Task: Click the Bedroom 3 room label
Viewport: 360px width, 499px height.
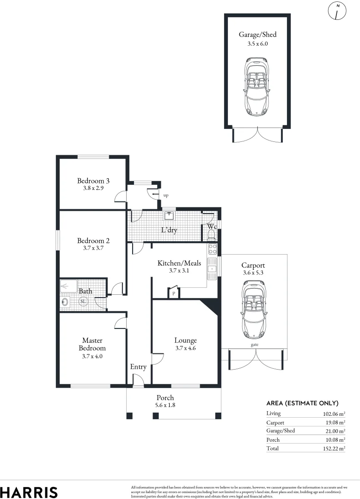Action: (93, 181)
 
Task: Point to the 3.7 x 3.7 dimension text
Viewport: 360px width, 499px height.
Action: (93, 248)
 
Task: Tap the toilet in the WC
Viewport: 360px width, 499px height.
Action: (212, 235)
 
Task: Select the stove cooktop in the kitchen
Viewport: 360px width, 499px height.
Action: (213, 249)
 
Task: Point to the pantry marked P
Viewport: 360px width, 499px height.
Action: (174, 293)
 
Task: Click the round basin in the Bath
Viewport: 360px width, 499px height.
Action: (66, 302)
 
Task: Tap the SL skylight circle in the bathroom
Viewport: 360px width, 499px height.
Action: (84, 302)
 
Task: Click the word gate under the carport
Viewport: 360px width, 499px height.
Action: (254, 345)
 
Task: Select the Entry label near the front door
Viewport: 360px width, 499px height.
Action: (138, 367)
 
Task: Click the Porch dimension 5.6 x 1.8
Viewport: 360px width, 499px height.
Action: (165, 405)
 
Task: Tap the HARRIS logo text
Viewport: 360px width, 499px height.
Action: (29, 492)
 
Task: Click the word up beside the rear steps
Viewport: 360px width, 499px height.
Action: (166, 195)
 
